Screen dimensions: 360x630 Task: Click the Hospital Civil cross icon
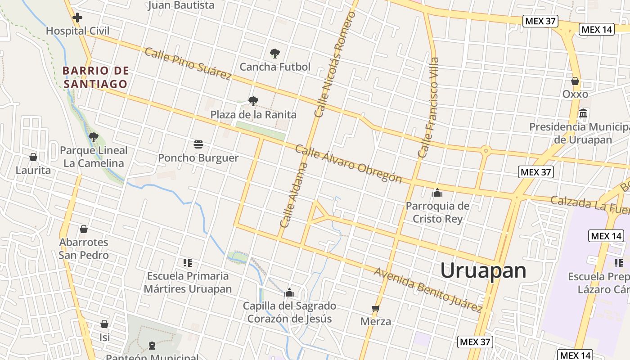pyautogui.click(x=77, y=18)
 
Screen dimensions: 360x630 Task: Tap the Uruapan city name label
pyautogui.click(x=483, y=270)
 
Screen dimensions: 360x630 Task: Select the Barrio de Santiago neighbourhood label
pyautogui.click(x=96, y=77)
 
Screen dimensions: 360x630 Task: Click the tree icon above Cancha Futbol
pyautogui.click(x=274, y=54)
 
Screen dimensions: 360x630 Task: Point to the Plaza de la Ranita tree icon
pyautogui.click(x=253, y=101)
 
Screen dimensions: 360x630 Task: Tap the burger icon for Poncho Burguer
pyautogui.click(x=198, y=144)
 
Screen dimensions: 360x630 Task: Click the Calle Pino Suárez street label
pyautogui.click(x=188, y=63)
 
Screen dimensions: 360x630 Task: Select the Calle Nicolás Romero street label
pyautogui.click(x=335, y=64)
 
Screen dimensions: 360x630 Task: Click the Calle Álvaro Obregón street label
pyautogui.click(x=348, y=164)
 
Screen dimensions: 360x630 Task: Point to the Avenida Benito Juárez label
pyautogui.click(x=428, y=290)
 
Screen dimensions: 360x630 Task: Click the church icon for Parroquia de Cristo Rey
pyautogui.click(x=437, y=193)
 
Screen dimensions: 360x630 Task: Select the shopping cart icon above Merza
pyautogui.click(x=376, y=309)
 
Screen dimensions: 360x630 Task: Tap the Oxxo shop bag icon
pyautogui.click(x=575, y=81)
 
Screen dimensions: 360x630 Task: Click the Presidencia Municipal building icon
pyautogui.click(x=583, y=113)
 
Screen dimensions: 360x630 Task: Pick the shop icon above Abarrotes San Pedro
pyautogui.click(x=84, y=229)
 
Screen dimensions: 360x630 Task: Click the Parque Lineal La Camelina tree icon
pyautogui.click(x=93, y=137)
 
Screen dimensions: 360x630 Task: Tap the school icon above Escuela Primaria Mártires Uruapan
pyautogui.click(x=187, y=263)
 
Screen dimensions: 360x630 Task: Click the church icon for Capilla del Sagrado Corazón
pyautogui.click(x=289, y=293)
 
